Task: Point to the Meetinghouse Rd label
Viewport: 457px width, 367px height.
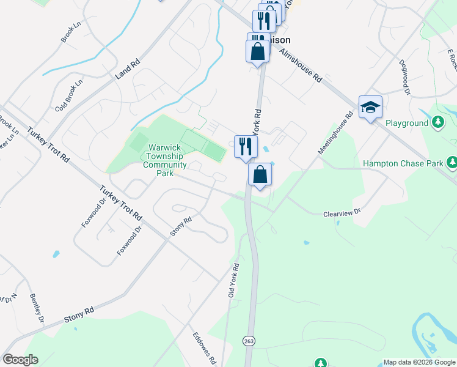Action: tap(335, 133)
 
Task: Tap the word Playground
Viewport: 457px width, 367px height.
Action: tap(407, 123)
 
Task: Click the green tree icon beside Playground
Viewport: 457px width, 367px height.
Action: tap(437, 123)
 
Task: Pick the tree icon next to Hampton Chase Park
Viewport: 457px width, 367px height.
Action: tap(452, 163)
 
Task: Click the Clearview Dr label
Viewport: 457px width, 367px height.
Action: tap(342, 212)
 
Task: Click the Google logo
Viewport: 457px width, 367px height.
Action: tap(20, 360)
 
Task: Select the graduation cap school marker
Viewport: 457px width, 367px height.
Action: tap(370, 108)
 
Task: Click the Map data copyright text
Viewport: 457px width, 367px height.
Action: tap(420, 362)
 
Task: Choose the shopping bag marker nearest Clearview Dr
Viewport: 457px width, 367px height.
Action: tap(260, 174)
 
